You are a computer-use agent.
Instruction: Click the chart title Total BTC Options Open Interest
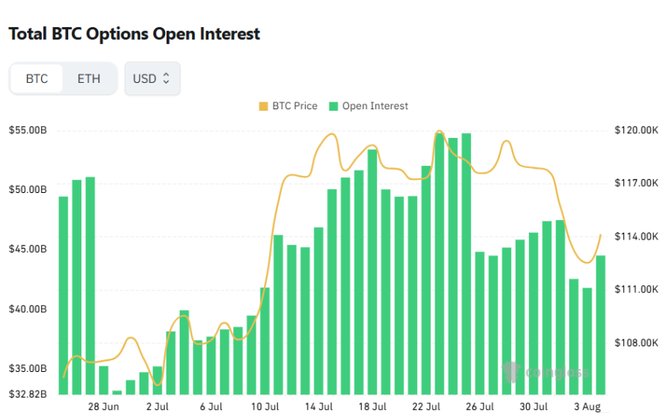134,34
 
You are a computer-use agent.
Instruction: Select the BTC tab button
36,79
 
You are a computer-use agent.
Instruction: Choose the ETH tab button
88,79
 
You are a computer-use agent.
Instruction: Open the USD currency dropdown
152,79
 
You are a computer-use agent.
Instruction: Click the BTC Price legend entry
288,106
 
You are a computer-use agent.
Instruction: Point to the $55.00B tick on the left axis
28,130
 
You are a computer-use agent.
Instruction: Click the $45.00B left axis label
28,250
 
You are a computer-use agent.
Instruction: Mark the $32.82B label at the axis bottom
28,394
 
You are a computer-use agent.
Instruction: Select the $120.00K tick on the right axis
636,130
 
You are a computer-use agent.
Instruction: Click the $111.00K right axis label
636,289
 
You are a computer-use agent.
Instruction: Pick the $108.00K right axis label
636,342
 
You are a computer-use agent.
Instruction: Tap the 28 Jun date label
104,406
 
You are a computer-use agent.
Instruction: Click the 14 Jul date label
319,406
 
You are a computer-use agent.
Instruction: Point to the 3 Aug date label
586,406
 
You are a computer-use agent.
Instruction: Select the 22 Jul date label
427,406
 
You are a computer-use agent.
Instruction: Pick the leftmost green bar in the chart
64,294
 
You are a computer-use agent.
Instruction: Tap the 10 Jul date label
265,406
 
